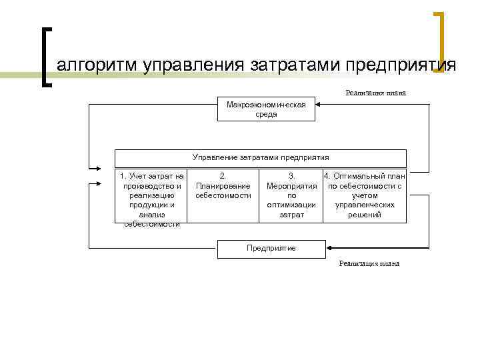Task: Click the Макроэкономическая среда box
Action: click(266, 109)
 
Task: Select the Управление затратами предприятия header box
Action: click(261, 158)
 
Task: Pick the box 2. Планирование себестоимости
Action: click(223, 186)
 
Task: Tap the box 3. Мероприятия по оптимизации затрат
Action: click(291, 195)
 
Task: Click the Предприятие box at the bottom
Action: click(271, 248)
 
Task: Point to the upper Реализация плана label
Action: click(375, 93)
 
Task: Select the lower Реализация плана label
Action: click(369, 263)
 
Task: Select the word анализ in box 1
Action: click(152, 215)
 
